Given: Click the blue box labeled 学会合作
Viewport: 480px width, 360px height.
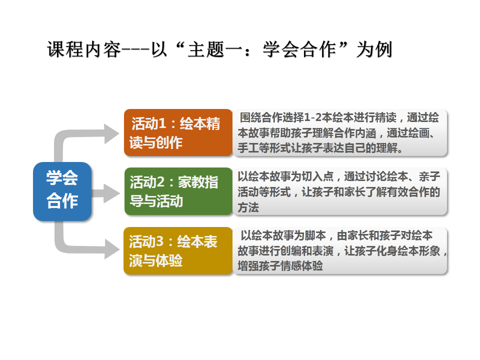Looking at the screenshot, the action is [x=62, y=191].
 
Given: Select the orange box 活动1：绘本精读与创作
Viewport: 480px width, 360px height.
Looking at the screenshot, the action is [x=178, y=132].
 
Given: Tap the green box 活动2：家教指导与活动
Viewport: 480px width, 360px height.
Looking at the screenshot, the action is [x=178, y=191].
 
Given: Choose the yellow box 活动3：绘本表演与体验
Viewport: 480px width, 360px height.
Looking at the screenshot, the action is [x=178, y=250].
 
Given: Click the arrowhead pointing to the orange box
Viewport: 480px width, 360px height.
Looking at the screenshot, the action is [x=111, y=134].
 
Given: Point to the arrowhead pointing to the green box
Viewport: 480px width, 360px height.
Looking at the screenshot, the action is [x=111, y=193].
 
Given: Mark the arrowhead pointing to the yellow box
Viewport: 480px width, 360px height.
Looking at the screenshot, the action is [x=111, y=249].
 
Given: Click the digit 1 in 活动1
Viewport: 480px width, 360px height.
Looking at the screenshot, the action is [x=162, y=123].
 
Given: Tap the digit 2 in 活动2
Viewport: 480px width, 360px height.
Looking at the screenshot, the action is [x=160, y=182].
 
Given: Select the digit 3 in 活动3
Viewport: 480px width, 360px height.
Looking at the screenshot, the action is [x=159, y=241].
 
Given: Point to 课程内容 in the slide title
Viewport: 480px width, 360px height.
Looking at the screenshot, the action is [x=84, y=49].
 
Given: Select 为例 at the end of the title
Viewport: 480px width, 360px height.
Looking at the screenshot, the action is [x=374, y=49].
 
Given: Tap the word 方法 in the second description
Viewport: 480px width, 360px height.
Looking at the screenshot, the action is [x=248, y=207].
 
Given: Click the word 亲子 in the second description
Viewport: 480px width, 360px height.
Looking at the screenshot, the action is [x=429, y=176].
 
